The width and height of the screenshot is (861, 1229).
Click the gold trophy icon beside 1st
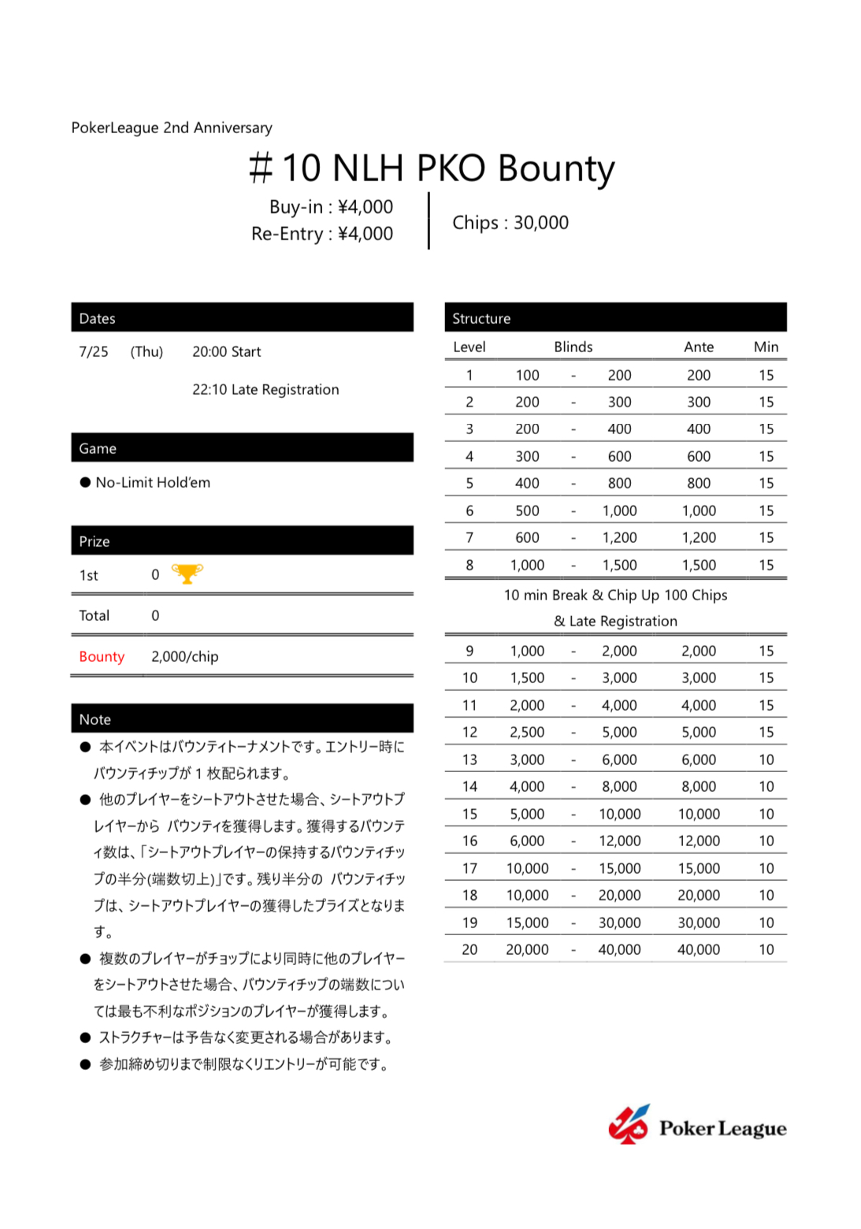tap(187, 574)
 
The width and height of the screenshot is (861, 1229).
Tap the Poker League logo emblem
tap(628, 1125)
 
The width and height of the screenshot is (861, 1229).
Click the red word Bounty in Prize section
tap(102, 656)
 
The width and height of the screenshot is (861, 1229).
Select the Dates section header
tap(242, 317)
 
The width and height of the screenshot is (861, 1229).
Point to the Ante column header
tap(698, 347)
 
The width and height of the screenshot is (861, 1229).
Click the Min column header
tap(766, 347)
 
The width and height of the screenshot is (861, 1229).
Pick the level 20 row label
tap(469, 949)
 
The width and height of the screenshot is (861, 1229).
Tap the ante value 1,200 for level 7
tap(699, 537)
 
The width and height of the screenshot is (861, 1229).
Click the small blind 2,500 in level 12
tap(527, 732)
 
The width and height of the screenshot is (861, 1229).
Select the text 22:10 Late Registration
tap(265, 389)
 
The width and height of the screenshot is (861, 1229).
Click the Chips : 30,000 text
tap(510, 223)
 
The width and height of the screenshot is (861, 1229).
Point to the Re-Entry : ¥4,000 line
tap(321, 234)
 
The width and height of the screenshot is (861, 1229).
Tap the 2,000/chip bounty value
tap(185, 656)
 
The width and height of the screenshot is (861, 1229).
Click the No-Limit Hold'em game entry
tap(152, 482)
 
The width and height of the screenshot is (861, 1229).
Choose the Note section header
tap(242, 718)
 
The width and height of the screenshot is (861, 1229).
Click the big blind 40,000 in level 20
tap(619, 949)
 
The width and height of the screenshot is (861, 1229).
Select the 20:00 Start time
tap(226, 351)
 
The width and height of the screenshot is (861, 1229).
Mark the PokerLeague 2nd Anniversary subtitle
tap(172, 128)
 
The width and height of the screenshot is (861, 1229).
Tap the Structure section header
tap(615, 317)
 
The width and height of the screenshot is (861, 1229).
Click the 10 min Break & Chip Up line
tap(615, 595)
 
